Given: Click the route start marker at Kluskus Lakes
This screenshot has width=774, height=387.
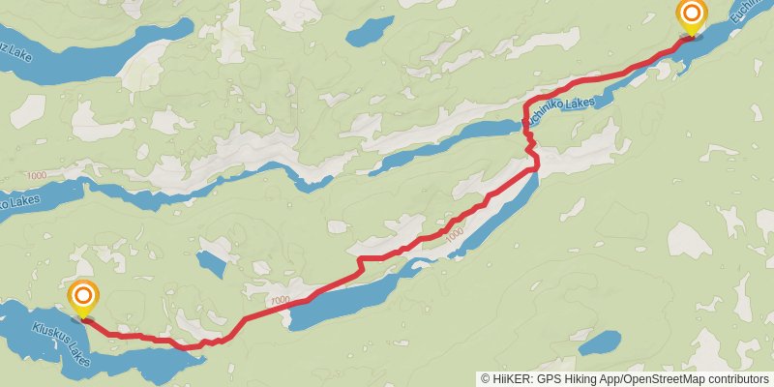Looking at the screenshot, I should click(x=83, y=295).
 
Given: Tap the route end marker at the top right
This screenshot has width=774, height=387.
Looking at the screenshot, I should click(x=692, y=14).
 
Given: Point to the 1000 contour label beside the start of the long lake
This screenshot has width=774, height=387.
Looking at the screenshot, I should click(x=281, y=301).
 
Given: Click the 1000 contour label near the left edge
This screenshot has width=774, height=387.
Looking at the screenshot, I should click(x=37, y=175).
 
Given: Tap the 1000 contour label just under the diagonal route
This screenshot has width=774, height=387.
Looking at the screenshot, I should click(x=454, y=234).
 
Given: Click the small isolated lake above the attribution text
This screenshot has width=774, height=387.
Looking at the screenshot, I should click(x=600, y=342).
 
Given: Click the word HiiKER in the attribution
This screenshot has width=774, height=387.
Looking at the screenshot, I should click(x=511, y=379).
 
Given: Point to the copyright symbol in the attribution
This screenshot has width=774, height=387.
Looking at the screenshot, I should click(x=485, y=379).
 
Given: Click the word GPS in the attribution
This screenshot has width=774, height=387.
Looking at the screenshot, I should click(x=548, y=379).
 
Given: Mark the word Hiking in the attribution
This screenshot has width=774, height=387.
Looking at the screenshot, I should click(x=581, y=379).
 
